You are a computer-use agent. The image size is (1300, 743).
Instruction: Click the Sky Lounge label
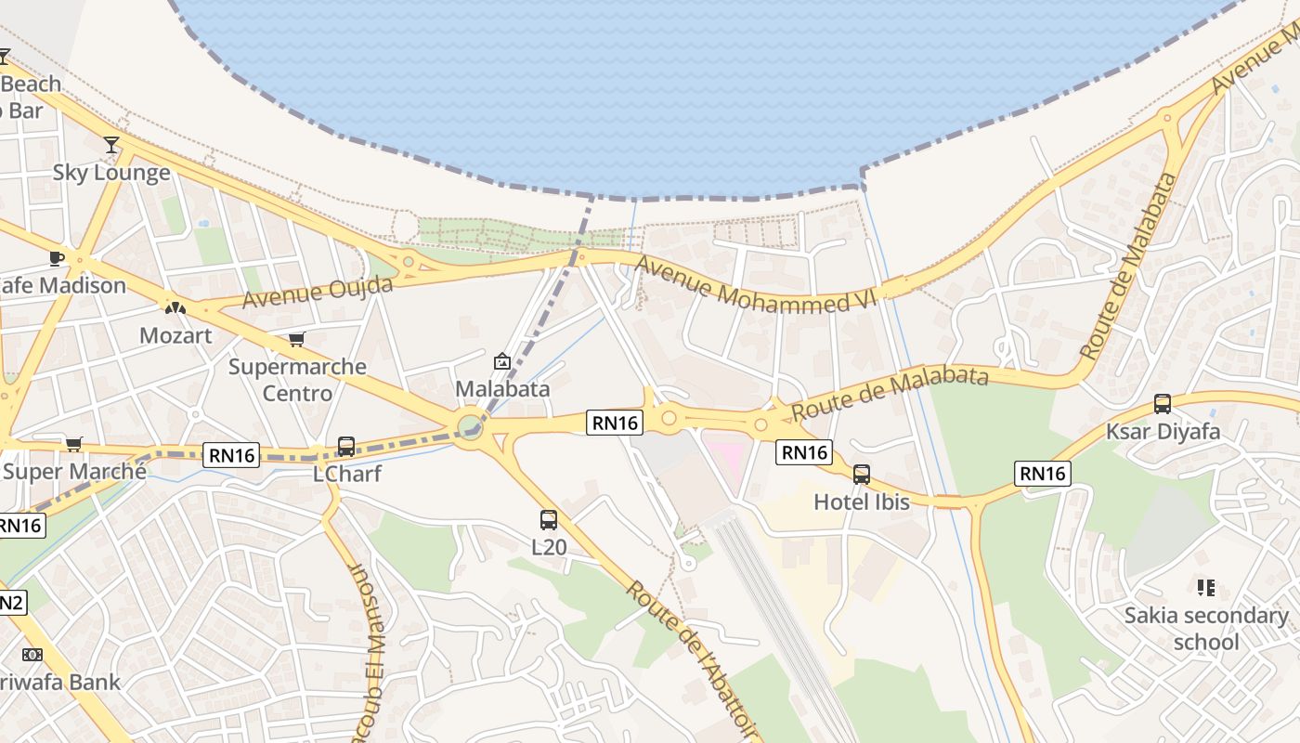click(111, 173)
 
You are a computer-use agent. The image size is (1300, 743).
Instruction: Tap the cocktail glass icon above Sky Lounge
click(111, 144)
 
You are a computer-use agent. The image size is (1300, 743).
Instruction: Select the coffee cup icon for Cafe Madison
click(56, 257)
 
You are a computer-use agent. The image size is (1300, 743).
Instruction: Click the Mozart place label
click(175, 335)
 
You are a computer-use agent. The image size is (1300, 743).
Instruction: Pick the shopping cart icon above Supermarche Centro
click(296, 339)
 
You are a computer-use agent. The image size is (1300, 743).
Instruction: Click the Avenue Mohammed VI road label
click(756, 284)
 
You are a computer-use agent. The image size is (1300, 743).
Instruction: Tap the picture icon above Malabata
click(502, 361)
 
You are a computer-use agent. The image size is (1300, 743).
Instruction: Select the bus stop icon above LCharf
click(346, 447)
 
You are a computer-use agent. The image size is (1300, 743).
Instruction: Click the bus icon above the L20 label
click(549, 520)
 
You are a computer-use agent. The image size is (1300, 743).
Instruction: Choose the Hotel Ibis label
click(862, 502)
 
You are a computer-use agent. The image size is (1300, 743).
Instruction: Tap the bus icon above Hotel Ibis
click(862, 475)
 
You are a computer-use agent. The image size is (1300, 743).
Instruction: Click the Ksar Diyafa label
click(1163, 432)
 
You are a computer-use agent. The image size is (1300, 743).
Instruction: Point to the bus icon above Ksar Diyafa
click(1163, 404)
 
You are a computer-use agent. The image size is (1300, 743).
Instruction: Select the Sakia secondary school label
click(1206, 629)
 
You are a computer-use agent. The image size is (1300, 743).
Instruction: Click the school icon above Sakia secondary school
click(1206, 587)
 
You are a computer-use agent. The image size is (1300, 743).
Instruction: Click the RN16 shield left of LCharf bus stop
click(231, 455)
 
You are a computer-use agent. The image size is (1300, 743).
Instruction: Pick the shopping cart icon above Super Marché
click(74, 444)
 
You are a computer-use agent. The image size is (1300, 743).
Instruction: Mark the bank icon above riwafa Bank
click(32, 655)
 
